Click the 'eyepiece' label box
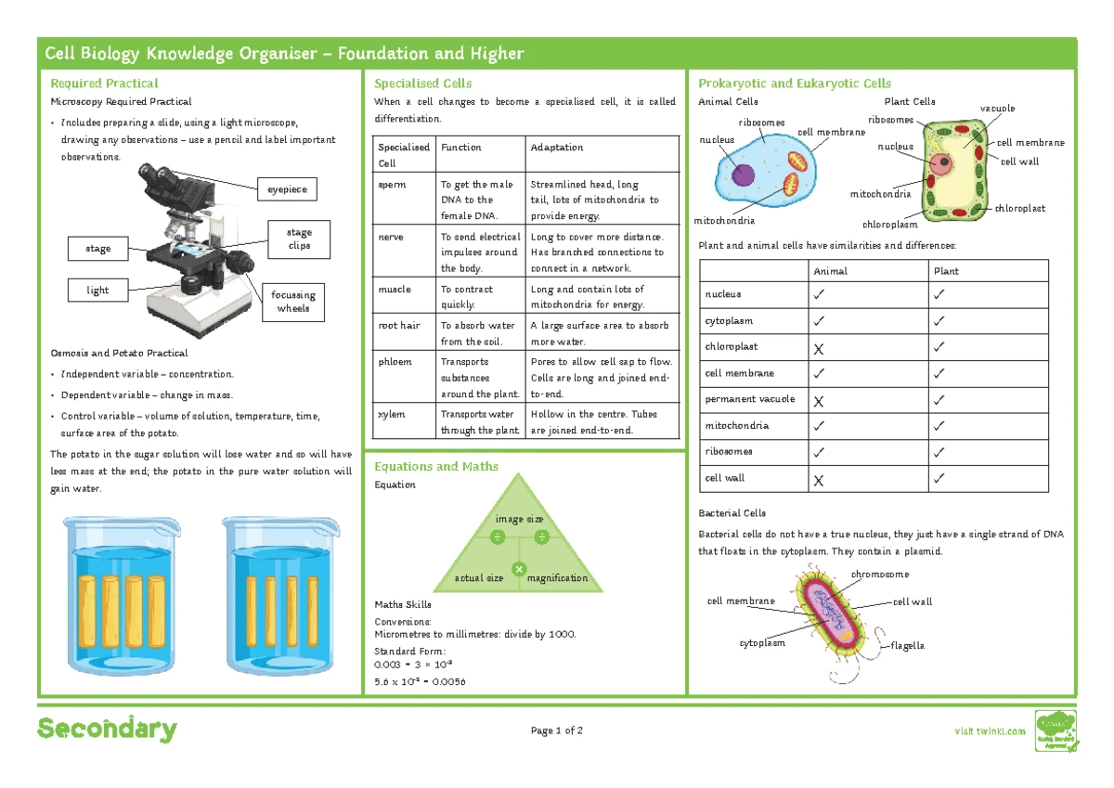[287, 189]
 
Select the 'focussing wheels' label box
[293, 302]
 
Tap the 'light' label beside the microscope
[98, 291]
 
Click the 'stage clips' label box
[299, 239]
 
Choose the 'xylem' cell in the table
[391, 414]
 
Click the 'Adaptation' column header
[557, 148]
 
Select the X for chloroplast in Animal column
[818, 348]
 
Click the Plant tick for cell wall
[940, 479]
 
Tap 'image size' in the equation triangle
[519, 520]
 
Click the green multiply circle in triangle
[519, 568]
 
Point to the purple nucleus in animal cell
[743, 175]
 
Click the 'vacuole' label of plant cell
[997, 109]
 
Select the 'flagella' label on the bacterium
[908, 645]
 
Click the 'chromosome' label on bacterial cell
[880, 575]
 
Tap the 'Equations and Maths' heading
[436, 467]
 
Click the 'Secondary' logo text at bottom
[107, 730]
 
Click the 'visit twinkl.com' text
[991, 731]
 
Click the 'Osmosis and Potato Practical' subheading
[119, 353]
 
